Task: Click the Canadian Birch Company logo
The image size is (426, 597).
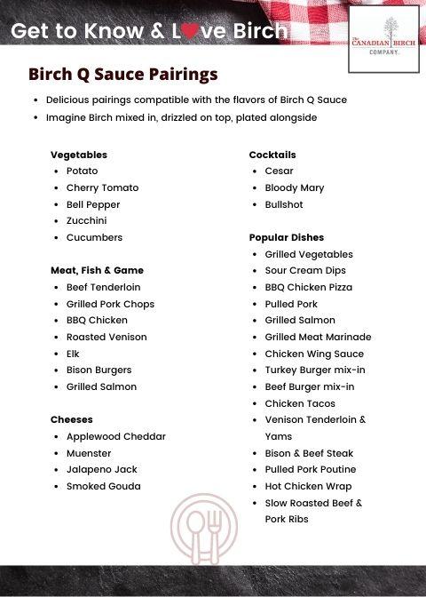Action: pyautogui.click(x=383, y=39)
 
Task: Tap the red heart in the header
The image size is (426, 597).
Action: pyautogui.click(x=189, y=33)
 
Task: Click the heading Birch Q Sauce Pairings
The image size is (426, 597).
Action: pyautogui.click(x=122, y=74)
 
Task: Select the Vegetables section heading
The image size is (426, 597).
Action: pyautogui.click(x=79, y=155)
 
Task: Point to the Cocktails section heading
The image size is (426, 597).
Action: pyautogui.click(x=272, y=155)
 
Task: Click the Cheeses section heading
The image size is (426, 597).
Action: pyautogui.click(x=72, y=419)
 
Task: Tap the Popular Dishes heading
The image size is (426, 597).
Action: pyautogui.click(x=287, y=237)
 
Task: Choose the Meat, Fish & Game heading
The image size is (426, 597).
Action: pyautogui.click(x=97, y=270)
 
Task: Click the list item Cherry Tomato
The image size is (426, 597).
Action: pyautogui.click(x=102, y=187)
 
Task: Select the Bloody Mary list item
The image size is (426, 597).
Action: pyautogui.click(x=295, y=187)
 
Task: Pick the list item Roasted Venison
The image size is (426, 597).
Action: pyautogui.click(x=106, y=337)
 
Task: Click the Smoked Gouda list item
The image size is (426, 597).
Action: pyautogui.click(x=103, y=486)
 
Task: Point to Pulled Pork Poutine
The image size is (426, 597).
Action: pyautogui.click(x=311, y=469)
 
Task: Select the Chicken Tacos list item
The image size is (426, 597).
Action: pyautogui.click(x=300, y=403)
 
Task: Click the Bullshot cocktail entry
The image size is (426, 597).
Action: pyautogui.click(x=284, y=204)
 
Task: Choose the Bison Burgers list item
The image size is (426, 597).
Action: pyautogui.click(x=99, y=370)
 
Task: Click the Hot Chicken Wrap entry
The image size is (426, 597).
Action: pyautogui.click(x=308, y=486)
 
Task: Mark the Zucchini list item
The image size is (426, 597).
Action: pyautogui.click(x=86, y=220)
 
